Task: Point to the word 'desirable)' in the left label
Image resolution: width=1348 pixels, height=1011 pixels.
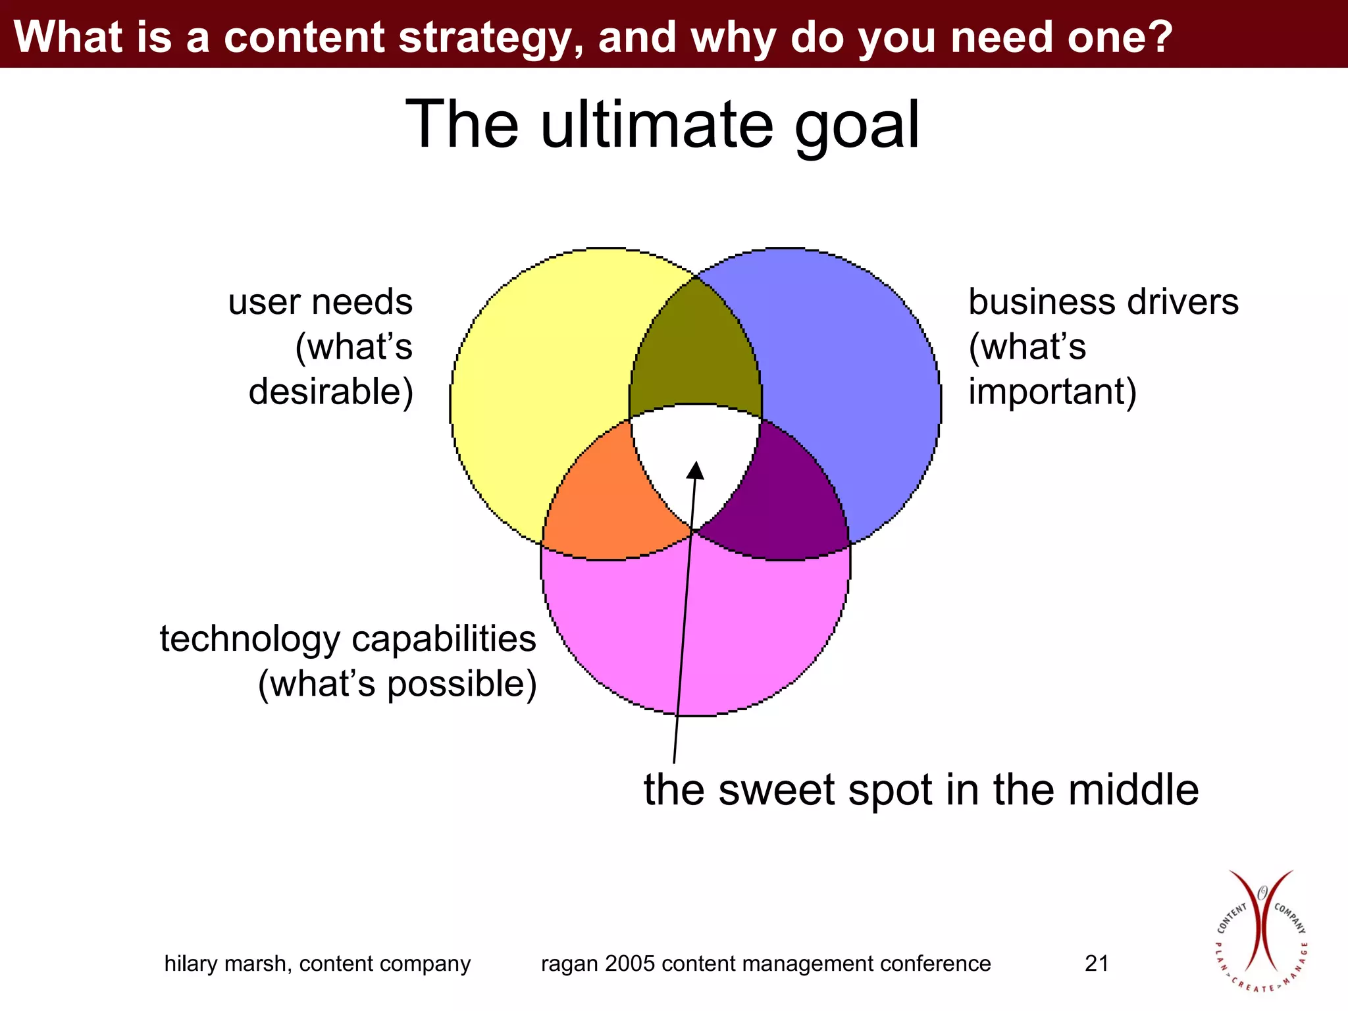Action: [331, 392]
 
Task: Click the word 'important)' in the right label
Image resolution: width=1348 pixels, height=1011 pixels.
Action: [1052, 392]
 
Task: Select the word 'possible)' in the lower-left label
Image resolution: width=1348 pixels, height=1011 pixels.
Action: [461, 685]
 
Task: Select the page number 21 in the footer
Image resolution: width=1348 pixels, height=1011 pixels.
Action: [1097, 964]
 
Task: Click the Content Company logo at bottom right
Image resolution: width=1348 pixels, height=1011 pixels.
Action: [1260, 931]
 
